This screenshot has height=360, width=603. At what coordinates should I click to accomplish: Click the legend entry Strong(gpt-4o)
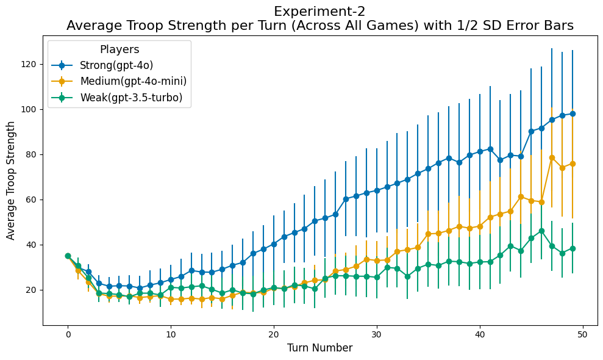[116, 65]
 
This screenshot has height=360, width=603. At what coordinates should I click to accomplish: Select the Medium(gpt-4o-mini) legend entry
[133, 81]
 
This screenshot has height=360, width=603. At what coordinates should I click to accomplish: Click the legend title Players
[120, 49]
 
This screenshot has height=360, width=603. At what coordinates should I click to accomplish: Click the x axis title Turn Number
[320, 348]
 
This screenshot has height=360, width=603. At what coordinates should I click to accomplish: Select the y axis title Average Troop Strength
[11, 181]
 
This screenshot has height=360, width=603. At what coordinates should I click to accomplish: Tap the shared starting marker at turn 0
[68, 256]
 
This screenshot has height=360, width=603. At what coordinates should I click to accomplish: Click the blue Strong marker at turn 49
[573, 113]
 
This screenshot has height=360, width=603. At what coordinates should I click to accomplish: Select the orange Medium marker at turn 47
[552, 157]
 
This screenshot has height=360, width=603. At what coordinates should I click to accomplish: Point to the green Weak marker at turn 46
[541, 231]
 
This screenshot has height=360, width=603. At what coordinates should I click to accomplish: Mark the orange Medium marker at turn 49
[573, 164]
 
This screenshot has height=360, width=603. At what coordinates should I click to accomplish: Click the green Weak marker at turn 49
[573, 248]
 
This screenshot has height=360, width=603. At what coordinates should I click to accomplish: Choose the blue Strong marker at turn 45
[531, 131]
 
